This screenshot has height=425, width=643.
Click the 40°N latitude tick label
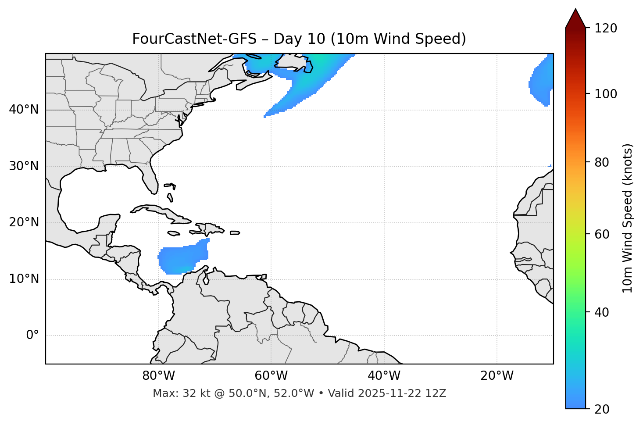tap(24, 110)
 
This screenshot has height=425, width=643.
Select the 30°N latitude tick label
tap(24, 166)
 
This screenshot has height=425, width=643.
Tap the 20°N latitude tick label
tap(24, 222)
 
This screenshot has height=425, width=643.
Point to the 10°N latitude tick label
tap(24, 279)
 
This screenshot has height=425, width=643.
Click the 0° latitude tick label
tap(32, 336)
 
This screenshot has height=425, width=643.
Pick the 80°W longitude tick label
tap(158, 376)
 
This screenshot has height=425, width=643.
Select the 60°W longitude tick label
tap(271, 376)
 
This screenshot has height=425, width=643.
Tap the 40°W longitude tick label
tap(384, 376)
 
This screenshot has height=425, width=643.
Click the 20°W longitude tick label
tap(497, 376)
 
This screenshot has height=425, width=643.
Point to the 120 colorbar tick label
tap(606, 29)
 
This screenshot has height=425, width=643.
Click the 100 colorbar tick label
tap(606, 94)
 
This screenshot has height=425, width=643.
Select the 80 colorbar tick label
tap(602, 162)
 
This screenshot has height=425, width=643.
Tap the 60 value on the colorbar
tap(602, 234)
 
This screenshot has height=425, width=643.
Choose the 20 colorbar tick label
tap(602, 409)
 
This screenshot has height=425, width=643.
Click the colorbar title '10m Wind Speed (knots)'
tap(628, 218)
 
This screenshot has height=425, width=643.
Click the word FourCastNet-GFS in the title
tap(194, 39)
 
